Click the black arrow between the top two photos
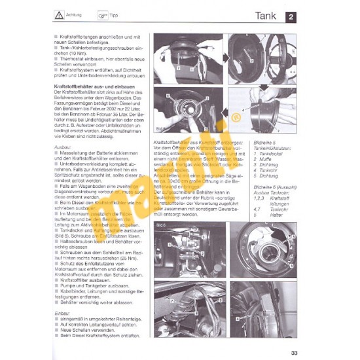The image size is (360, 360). coord(223,53)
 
